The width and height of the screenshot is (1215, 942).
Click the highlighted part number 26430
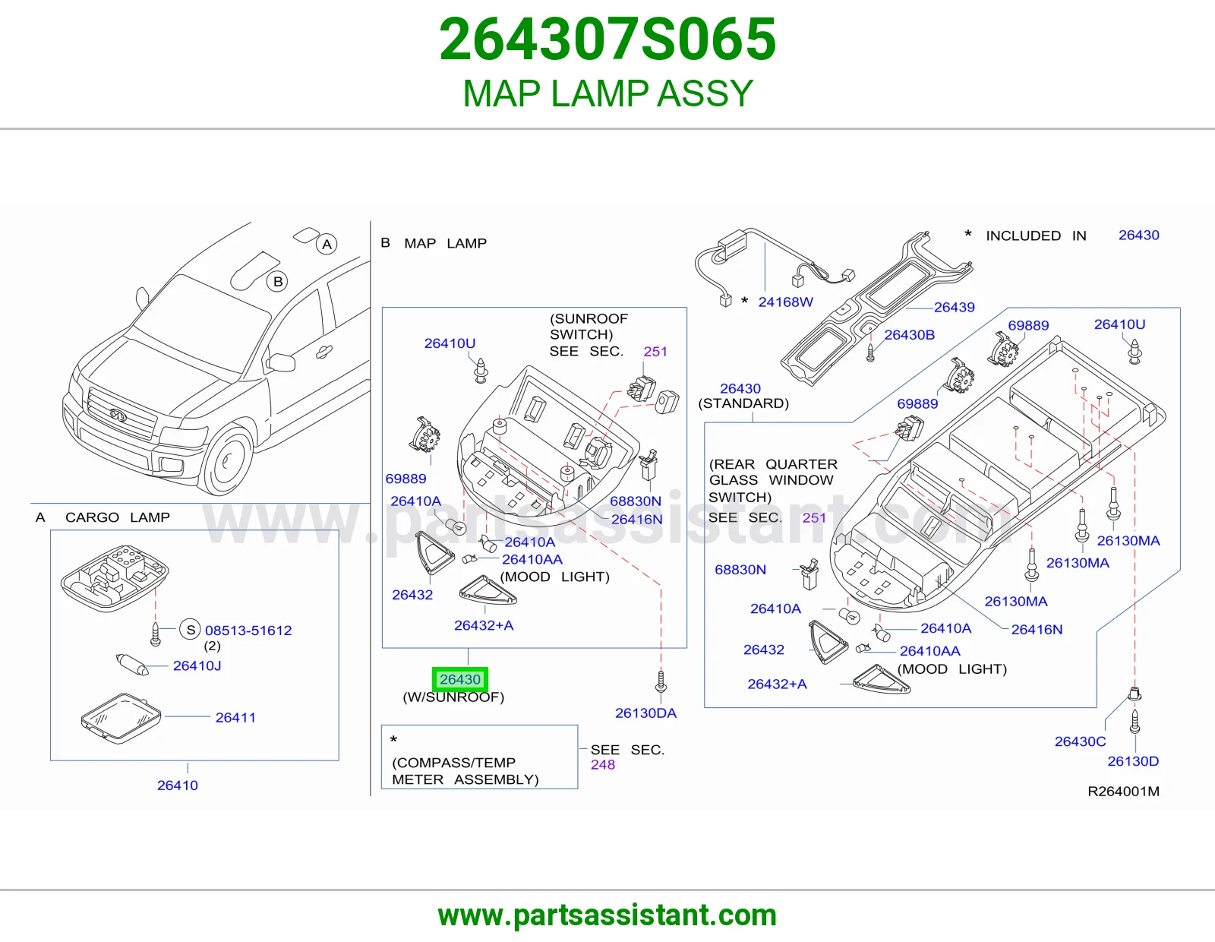click(459, 679)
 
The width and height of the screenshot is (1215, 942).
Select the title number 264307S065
click(607, 39)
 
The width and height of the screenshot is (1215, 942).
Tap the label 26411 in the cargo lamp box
click(235, 717)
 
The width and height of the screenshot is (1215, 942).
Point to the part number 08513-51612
click(248, 631)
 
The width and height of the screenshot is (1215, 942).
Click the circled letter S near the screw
click(190, 629)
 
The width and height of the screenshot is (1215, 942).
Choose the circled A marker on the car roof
click(327, 244)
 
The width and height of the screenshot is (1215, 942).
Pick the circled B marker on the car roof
click(277, 281)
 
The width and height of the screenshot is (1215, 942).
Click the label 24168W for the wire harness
click(786, 302)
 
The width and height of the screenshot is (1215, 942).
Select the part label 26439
click(954, 307)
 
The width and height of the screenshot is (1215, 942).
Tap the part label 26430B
click(909, 334)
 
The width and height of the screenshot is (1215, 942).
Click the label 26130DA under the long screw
click(645, 713)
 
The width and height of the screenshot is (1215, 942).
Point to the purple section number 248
click(603, 765)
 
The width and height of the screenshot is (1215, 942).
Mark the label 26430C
click(1081, 741)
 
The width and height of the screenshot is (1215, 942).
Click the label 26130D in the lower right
click(1133, 761)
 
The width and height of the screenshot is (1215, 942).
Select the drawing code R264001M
click(1123, 792)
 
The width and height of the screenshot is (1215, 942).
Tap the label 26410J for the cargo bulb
click(197, 665)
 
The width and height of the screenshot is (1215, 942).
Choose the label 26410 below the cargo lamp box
click(177, 786)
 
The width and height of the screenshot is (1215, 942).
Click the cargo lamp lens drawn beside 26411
click(121, 718)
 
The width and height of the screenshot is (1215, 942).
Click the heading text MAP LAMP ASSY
click(607, 93)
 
